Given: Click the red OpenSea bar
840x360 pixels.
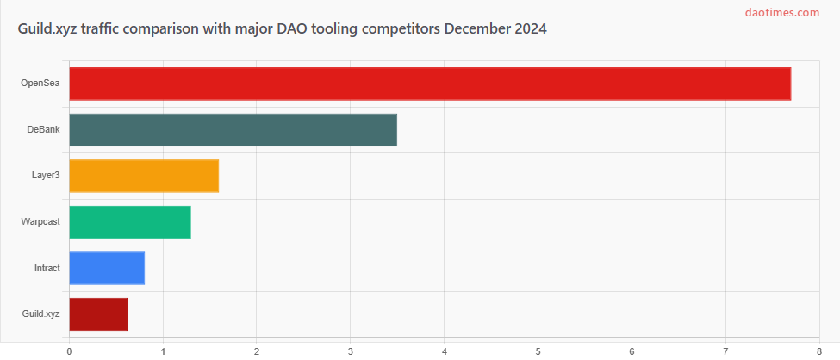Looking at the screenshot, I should point(430,84).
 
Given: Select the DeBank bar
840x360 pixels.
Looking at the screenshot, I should point(233,129).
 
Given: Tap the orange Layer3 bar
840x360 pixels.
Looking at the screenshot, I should point(144,176).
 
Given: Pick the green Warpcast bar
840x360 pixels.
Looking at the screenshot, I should point(129,221).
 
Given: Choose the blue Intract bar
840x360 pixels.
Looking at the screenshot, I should point(107,268).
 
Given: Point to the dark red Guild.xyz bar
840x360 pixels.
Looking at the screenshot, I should point(98,313).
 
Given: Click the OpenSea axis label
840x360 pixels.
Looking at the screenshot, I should point(40,84).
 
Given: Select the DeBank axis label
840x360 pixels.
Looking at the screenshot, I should point(43,129).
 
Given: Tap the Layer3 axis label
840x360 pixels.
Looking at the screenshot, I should point(46,176).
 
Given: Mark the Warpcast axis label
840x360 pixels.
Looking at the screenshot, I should point(40,221).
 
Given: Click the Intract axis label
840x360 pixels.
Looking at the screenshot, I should point(47,268).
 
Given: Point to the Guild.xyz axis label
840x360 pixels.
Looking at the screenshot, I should point(40,313).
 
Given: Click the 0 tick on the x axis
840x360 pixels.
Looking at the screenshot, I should point(69,350).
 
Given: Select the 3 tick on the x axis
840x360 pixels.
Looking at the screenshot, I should point(351,350).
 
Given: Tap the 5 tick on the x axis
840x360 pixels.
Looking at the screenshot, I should point(538,350).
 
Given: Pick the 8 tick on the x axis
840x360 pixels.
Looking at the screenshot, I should point(819,350).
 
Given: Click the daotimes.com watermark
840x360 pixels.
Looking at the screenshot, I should point(781,12).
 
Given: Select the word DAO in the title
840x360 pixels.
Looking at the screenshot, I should point(295,29).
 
